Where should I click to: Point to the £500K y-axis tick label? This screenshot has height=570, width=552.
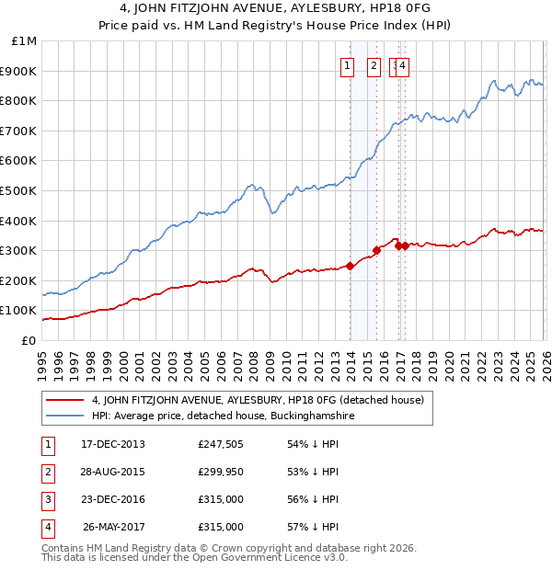(x=20, y=191)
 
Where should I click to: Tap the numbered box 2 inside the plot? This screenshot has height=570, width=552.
(x=374, y=65)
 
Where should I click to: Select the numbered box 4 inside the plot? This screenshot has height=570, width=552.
(x=404, y=65)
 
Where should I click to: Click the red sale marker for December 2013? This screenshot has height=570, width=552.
(x=350, y=267)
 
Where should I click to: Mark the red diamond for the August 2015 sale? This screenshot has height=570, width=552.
(x=377, y=250)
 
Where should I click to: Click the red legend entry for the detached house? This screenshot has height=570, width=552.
(x=257, y=400)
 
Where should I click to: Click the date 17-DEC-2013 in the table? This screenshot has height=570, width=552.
(x=113, y=444)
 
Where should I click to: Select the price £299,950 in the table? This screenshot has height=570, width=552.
(x=221, y=472)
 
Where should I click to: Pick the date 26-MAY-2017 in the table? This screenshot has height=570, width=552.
(x=114, y=527)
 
